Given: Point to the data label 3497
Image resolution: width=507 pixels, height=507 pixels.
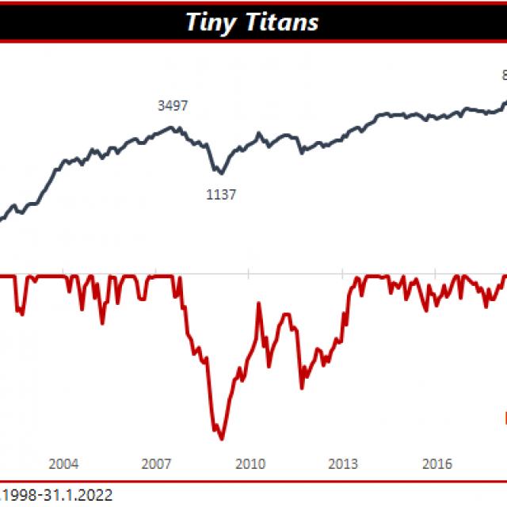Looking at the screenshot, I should [x=173, y=105].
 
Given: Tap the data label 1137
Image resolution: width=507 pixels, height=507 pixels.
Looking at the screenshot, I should [x=221, y=194].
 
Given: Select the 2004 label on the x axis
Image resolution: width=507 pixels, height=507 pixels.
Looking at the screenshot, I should [x=63, y=463].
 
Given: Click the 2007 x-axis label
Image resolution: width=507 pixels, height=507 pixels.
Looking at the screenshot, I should [x=156, y=463].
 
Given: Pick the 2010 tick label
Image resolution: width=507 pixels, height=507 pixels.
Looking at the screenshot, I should [x=250, y=463].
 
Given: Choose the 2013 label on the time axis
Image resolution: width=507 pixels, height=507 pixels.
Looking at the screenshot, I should [x=343, y=463].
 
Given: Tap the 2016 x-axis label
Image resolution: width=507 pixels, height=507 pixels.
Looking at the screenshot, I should [x=436, y=463].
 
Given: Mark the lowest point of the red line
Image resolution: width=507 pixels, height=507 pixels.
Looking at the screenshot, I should [x=221, y=438].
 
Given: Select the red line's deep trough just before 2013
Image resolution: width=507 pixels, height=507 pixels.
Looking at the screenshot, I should [x=302, y=387].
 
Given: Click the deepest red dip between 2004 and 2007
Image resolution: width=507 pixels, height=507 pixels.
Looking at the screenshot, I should [x=102, y=323].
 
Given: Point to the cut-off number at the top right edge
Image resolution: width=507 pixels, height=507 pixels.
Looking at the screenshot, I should [x=504, y=75].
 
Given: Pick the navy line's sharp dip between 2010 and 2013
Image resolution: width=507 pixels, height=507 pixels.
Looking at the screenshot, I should [x=301, y=152].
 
